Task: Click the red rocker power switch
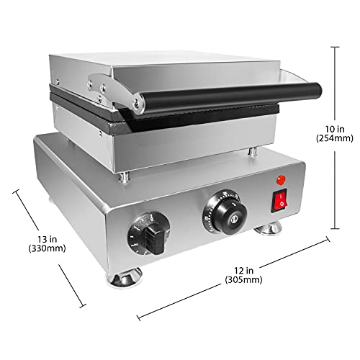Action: coord(278,202)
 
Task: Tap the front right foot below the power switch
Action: coord(271,229)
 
